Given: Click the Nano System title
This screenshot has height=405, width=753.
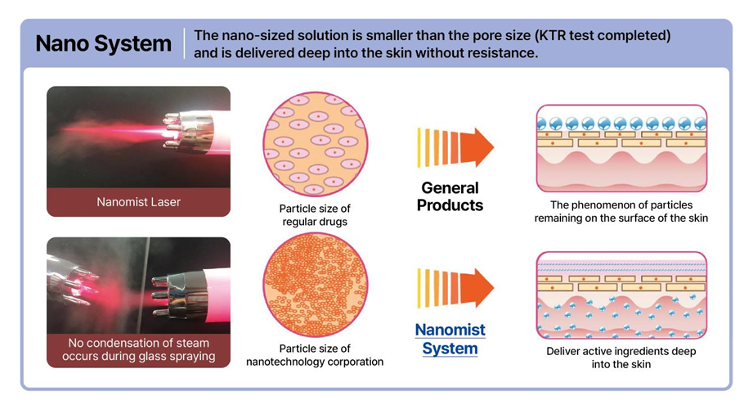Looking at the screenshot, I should click(x=103, y=43).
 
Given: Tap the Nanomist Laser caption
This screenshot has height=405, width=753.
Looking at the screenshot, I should click(x=138, y=202).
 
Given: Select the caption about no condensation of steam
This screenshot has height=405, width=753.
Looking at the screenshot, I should click(x=138, y=349).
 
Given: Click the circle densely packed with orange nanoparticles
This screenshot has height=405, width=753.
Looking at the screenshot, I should click(x=315, y=286).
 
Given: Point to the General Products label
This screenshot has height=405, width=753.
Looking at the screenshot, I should click(x=450, y=196).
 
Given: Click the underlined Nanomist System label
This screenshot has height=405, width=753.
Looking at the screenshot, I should click(x=450, y=339).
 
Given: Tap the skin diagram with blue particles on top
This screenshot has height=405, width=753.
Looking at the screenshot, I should click(x=621, y=148).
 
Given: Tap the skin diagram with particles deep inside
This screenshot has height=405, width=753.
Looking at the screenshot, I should click(x=621, y=295).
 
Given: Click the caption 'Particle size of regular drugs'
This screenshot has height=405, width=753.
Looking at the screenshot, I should click(x=315, y=215).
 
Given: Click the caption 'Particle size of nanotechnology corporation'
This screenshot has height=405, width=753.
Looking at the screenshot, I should click(x=315, y=355).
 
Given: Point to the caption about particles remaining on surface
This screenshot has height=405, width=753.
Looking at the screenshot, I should click(x=621, y=211).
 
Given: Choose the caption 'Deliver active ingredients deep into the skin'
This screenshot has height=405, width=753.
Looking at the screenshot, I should click(x=621, y=358).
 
